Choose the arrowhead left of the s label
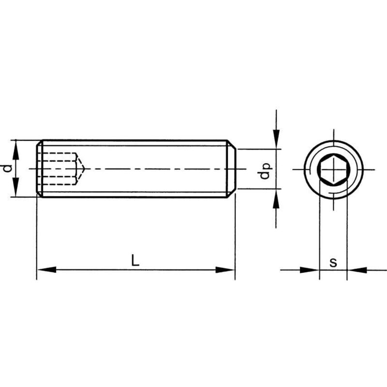click(310, 270)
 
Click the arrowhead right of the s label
click(357, 270)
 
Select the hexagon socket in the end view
click(333, 169)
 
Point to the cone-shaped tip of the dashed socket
click(81, 169)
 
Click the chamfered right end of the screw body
click(232, 169)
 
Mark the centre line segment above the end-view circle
click(333, 134)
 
